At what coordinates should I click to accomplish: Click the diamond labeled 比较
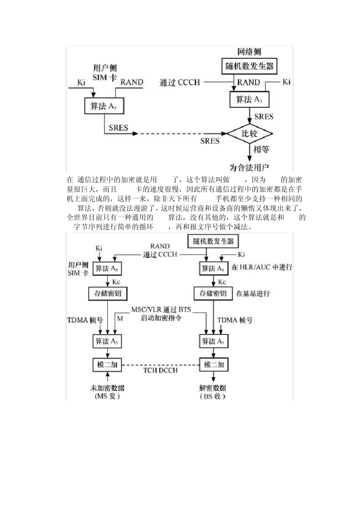pyautogui.click(x=249, y=133)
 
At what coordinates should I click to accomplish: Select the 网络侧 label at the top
pyautogui.click(x=249, y=52)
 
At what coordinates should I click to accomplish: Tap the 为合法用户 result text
pyautogui.click(x=249, y=167)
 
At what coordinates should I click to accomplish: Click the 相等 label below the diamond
pyautogui.click(x=261, y=150)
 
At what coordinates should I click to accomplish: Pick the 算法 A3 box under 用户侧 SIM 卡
pyautogui.click(x=103, y=106)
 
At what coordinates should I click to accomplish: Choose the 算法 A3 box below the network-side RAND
pyautogui.click(x=249, y=100)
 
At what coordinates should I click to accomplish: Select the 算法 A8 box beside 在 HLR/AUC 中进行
pyautogui.click(x=213, y=269)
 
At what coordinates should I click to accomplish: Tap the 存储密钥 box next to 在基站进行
pyautogui.click(x=213, y=294)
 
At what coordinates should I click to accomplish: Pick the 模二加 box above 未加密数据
pyautogui.click(x=108, y=365)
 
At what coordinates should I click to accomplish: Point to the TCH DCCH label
pyautogui.click(x=160, y=370)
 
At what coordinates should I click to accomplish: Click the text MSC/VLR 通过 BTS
pyautogui.click(x=161, y=309)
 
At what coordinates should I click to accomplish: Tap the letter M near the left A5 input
pyautogui.click(x=120, y=319)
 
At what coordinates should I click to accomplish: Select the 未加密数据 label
pyautogui.click(x=107, y=388)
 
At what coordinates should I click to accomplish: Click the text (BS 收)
pyautogui.click(x=213, y=396)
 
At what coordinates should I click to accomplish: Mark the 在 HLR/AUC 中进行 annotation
pyautogui.click(x=261, y=267)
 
